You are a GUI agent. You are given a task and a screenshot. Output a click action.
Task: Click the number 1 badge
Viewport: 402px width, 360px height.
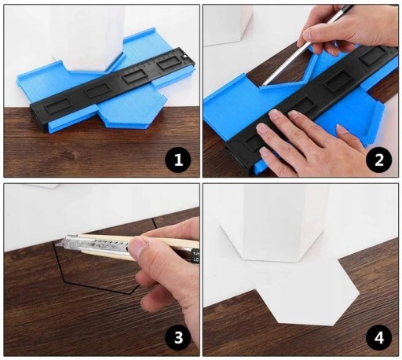coord(178,160)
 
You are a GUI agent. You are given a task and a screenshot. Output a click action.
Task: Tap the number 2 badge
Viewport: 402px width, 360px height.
coord(379,160)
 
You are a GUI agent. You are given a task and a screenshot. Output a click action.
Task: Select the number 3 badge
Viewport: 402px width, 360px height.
coord(178,338)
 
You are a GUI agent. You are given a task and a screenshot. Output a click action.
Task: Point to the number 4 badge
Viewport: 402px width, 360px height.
coord(379,338)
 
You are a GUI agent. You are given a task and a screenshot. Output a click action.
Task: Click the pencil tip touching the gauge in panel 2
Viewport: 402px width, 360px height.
coord(263,86)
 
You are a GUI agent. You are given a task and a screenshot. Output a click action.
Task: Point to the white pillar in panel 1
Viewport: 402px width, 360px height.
coord(88,37)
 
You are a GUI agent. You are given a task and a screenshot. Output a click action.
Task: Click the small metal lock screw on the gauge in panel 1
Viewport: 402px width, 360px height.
coord(185,56)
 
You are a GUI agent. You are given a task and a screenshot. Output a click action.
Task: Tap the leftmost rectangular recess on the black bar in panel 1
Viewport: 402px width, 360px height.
coord(58,105)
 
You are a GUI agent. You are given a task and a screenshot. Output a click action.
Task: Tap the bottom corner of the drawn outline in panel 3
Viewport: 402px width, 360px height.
coord(130,294)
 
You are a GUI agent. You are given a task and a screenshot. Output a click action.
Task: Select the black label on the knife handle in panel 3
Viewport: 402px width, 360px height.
coord(196,256)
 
